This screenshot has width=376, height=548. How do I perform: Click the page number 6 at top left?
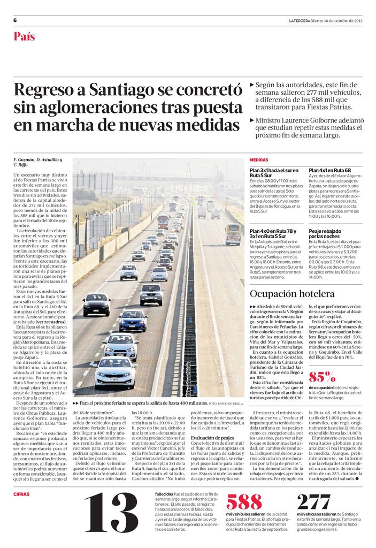(x=15, y=20)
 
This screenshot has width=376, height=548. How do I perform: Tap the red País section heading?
(x=24, y=36)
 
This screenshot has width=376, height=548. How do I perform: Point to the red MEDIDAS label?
(x=258, y=160)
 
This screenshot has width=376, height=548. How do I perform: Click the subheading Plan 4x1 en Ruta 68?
(x=329, y=170)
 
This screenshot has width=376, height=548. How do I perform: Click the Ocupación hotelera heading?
(x=292, y=294)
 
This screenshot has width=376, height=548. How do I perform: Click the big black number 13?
(x=111, y=513)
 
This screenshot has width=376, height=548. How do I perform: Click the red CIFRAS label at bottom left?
(x=21, y=493)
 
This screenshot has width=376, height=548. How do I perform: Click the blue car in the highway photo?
(x=133, y=320)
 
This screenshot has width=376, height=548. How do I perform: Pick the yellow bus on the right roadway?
(x=233, y=233)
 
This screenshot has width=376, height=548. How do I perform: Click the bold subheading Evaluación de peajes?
(x=212, y=437)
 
